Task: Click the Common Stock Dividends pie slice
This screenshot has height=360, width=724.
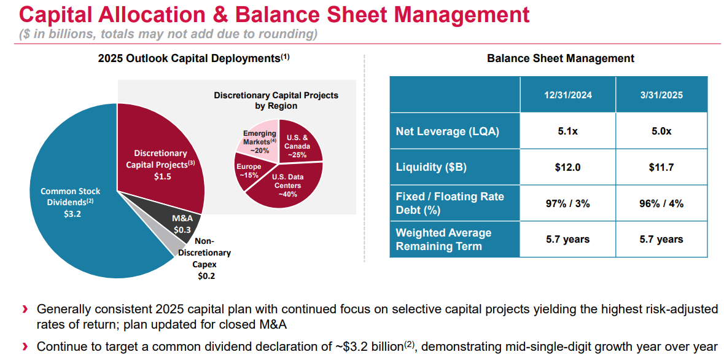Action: pos(68,203)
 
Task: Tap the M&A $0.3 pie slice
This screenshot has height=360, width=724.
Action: pos(182,224)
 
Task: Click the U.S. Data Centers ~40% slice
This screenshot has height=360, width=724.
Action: pos(287,186)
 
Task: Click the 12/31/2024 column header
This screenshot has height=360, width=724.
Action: pos(567,95)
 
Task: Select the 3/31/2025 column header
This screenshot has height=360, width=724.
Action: pos(661,95)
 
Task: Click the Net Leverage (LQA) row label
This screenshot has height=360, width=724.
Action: pos(447,131)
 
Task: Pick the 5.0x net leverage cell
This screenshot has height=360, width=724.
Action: pos(661,131)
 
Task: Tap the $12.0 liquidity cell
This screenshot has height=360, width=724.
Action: pos(567,168)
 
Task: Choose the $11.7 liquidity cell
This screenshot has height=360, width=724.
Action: pos(661,168)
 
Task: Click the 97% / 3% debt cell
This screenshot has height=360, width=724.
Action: pos(567,203)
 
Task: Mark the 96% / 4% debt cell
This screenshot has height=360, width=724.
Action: pos(661,203)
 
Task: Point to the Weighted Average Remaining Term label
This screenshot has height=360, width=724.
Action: pos(444,240)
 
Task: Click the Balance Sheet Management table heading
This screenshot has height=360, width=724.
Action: pos(560,59)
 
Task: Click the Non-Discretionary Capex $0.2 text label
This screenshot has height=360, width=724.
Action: pos(204,259)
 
